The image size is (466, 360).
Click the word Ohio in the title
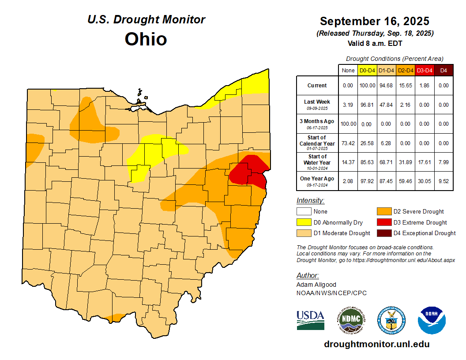pos(146,39)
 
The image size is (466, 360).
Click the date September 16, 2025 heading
pos(375,21)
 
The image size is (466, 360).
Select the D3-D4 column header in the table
pos(424,70)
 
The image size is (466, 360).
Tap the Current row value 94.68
pos(386,86)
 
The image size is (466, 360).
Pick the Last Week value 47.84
pos(386,105)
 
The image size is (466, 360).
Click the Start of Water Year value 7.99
pos(443,162)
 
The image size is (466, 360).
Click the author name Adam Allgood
pos(316,285)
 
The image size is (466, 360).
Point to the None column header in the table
pos(348,70)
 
